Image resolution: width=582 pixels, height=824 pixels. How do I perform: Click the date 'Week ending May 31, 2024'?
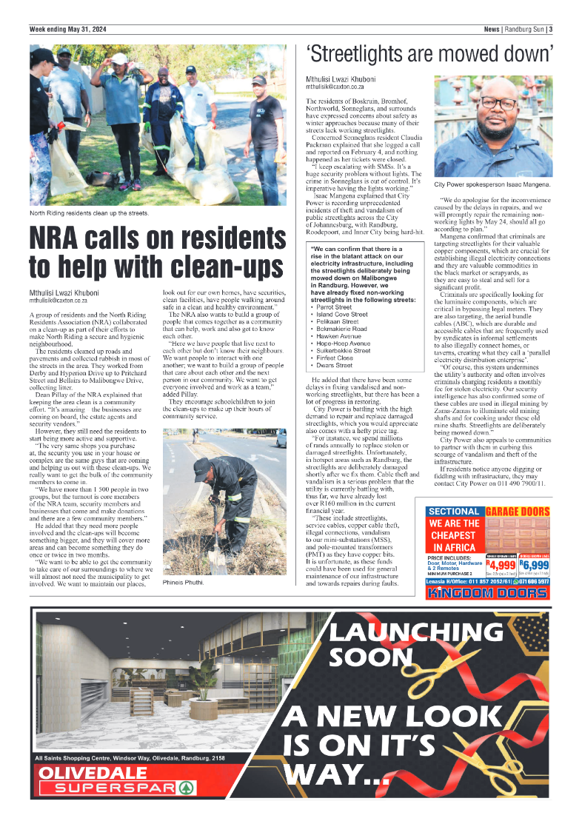pyautogui.click(x=68, y=29)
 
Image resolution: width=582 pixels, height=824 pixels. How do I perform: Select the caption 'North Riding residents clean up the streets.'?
pyautogui.click(x=90, y=213)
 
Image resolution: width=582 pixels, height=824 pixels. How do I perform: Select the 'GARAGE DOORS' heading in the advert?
pyautogui.click(x=518, y=511)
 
